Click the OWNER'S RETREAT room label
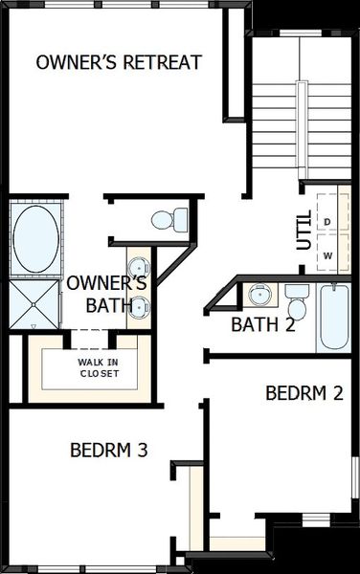(119, 62)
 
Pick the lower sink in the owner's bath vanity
(140, 306)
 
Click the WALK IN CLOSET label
(99, 367)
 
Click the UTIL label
(304, 231)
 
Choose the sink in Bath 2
(259, 293)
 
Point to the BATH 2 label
(262, 324)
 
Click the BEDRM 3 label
(108, 449)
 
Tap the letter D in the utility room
(327, 222)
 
